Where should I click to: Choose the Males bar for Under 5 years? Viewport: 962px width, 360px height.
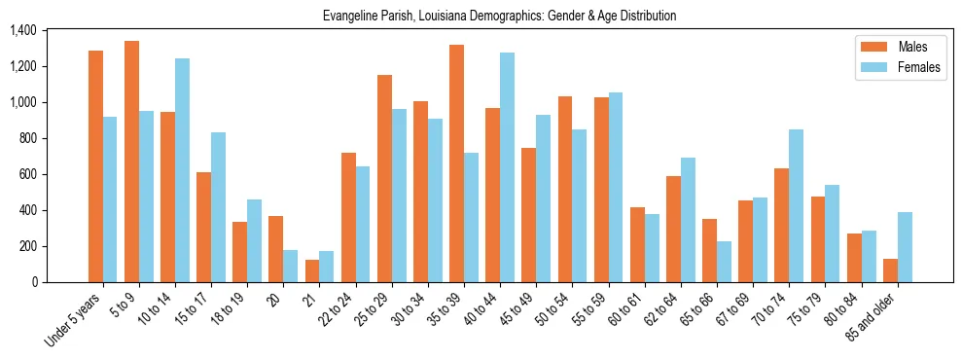coord(95,166)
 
